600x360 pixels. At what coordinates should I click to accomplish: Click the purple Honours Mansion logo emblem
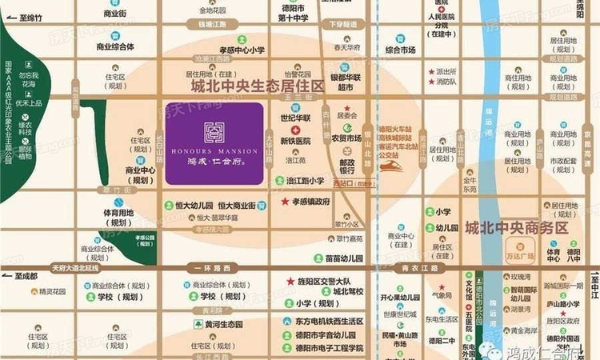tap(214, 132)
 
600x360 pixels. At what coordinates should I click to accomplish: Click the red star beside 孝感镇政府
tap(285, 202)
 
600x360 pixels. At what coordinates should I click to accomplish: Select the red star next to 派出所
tap(430, 71)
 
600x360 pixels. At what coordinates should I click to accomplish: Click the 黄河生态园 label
tap(218, 325)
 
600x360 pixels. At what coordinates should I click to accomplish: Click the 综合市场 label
tap(400, 50)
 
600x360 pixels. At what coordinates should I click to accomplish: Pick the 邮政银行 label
tap(346, 167)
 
